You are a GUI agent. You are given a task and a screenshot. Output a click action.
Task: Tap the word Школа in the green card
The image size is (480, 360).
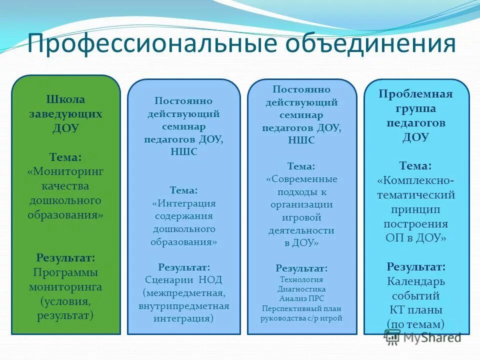point(65,99)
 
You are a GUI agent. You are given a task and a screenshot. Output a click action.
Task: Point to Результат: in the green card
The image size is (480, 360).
point(65,258)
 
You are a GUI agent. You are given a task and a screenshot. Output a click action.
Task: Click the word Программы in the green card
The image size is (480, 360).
point(65,272)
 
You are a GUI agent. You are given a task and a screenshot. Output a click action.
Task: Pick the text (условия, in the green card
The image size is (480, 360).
point(65,301)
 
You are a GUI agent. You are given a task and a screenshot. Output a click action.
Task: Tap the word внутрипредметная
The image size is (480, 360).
point(184,305)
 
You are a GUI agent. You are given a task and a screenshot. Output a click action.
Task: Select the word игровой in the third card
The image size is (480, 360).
point(302,217)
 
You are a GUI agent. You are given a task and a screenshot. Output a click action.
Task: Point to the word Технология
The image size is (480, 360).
point(301,279)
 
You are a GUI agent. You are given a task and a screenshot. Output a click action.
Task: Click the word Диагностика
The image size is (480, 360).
point(301,289)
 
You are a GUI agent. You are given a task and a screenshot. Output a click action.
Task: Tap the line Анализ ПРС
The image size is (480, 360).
point(301,298)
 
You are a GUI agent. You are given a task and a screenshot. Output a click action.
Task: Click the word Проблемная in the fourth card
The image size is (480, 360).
point(415,94)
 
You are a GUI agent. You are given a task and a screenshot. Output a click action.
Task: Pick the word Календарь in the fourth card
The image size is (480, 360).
point(415,281)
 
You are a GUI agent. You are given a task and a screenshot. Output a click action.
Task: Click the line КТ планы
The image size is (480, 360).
point(415,309)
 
